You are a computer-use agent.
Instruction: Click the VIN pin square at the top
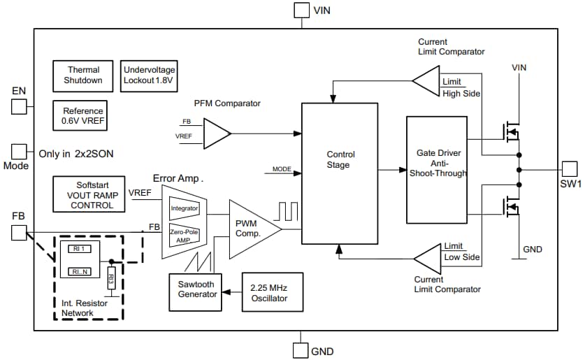(301, 10)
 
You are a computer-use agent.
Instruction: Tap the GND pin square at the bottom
(301, 350)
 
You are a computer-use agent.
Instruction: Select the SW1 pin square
(570, 169)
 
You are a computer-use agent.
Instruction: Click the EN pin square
(19, 106)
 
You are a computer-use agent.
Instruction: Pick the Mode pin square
(19, 152)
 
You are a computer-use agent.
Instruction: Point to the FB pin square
(19, 233)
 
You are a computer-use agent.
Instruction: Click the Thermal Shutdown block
(84, 75)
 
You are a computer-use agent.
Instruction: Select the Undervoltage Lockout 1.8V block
(149, 75)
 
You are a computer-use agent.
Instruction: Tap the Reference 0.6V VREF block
(83, 116)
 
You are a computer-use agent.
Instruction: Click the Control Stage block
(340, 173)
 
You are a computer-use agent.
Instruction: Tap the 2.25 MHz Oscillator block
(273, 292)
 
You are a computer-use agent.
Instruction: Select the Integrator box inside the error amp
(185, 208)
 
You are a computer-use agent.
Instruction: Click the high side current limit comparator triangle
(426, 83)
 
